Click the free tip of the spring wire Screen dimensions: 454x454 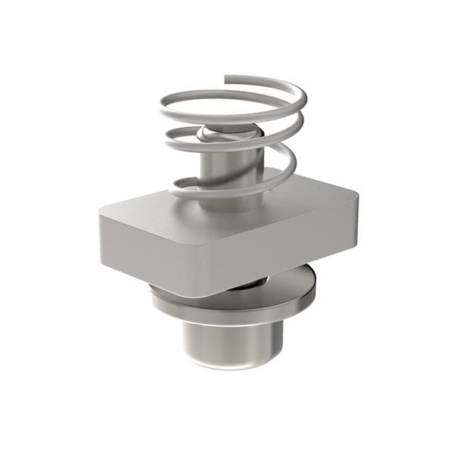pos(227,77)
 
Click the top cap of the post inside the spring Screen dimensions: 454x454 pos(227,135)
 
